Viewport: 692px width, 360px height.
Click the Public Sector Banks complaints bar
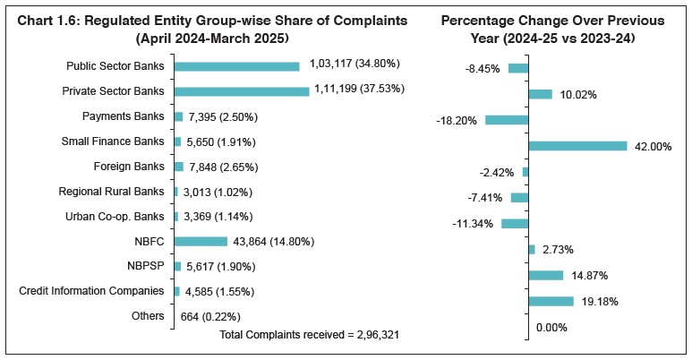click(236, 66)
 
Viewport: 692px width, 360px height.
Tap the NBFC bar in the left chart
click(201, 241)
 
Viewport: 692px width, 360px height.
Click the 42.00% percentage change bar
click(577, 146)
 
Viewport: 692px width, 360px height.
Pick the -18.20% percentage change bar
click(507, 119)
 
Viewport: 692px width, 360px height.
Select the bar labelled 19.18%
click(551, 302)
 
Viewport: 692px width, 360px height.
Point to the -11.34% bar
click(515, 223)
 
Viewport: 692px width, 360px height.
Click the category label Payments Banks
click(123, 116)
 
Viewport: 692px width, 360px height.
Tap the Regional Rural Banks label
click(111, 191)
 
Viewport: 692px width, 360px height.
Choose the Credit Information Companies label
click(91, 291)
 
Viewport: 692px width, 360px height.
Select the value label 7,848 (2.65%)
click(218, 167)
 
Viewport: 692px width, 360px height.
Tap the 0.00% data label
click(552, 328)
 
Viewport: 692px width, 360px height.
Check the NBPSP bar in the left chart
click(177, 266)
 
